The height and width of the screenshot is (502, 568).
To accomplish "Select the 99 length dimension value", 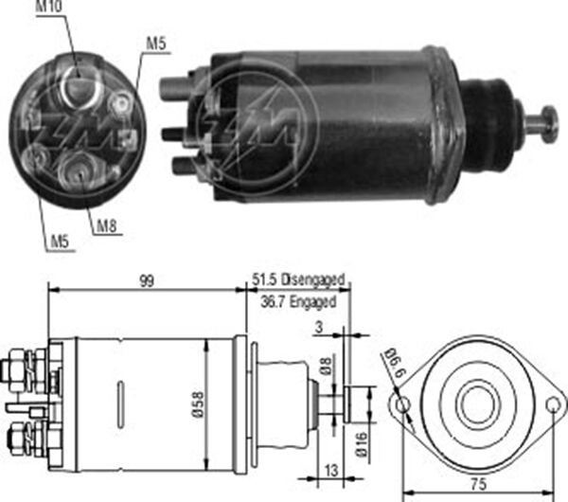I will coord(146,281).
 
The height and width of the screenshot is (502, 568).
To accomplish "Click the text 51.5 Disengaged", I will coord(298,281).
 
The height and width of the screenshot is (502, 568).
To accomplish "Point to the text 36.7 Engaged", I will coord(298,302).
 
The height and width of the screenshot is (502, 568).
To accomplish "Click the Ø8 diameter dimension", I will coord(325,368).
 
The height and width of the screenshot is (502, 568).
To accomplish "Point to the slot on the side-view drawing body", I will coord(118,402).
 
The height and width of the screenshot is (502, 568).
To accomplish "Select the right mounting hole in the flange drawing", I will coord(552,404).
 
